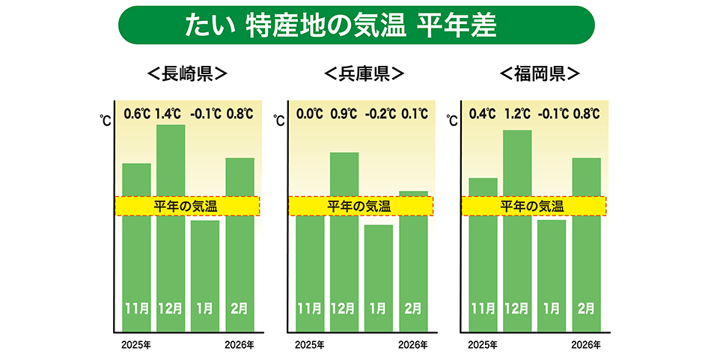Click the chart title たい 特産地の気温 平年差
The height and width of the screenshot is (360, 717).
point(356,25)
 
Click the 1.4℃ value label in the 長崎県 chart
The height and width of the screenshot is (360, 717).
point(168,115)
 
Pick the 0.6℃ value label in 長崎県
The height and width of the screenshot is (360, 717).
point(136,115)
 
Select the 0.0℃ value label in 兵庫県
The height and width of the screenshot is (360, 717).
point(309,115)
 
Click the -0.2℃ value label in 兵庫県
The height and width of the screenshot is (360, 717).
point(378,115)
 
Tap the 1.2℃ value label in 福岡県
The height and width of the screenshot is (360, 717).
point(516,115)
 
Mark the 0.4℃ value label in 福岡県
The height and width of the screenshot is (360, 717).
point(482,115)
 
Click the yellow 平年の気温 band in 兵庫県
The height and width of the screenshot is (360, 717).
point(358,206)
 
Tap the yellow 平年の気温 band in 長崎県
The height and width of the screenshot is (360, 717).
point(186,206)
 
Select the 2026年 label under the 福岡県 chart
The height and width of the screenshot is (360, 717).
point(586,345)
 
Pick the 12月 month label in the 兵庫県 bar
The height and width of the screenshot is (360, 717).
point(344,308)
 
